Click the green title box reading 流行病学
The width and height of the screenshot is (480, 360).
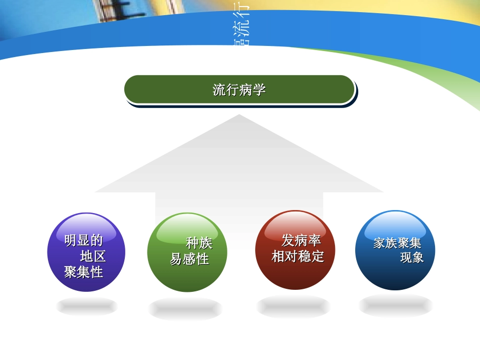pos(239,90)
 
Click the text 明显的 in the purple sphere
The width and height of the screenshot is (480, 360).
pos(84,240)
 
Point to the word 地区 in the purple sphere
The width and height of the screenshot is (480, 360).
pos(93,256)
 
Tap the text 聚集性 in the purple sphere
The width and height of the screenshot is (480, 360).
pos(84,272)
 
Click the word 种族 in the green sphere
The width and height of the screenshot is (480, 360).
pos(199,243)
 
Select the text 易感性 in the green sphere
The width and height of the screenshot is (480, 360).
pos(189,260)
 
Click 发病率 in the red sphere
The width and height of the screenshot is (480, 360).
pos(301,240)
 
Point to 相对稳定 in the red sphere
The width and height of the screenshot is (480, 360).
pos(298,256)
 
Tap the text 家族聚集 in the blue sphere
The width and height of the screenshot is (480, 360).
pos(397,243)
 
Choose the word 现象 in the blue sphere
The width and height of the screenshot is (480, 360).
pos(412,258)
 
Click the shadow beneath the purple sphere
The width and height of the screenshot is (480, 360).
pos(86,306)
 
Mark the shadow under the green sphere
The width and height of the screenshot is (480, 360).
pos(185,308)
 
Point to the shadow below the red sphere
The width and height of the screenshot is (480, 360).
pos(293,306)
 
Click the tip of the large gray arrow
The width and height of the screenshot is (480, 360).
pos(239,117)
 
